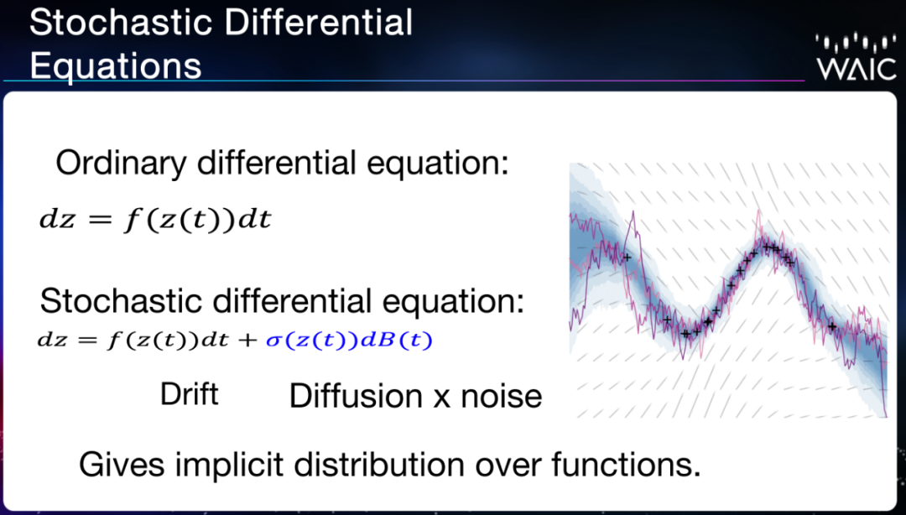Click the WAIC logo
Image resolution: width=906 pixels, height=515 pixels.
point(856,58)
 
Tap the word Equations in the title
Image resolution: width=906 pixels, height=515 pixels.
point(116,65)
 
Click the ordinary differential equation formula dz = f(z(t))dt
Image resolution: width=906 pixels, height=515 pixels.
point(155,220)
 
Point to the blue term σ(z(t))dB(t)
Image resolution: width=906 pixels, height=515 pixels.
point(349,341)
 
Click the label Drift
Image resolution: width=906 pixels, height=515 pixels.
point(189,394)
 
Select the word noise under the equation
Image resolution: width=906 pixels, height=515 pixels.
point(502,397)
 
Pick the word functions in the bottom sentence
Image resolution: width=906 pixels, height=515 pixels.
point(626,464)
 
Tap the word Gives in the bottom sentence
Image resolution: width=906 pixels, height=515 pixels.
point(122,464)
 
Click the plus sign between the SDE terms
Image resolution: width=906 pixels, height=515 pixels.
point(247,341)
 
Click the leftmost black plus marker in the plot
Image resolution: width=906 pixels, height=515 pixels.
point(627,257)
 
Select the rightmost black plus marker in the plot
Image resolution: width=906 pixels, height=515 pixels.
point(832,326)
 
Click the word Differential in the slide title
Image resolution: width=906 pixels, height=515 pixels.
point(319,23)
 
